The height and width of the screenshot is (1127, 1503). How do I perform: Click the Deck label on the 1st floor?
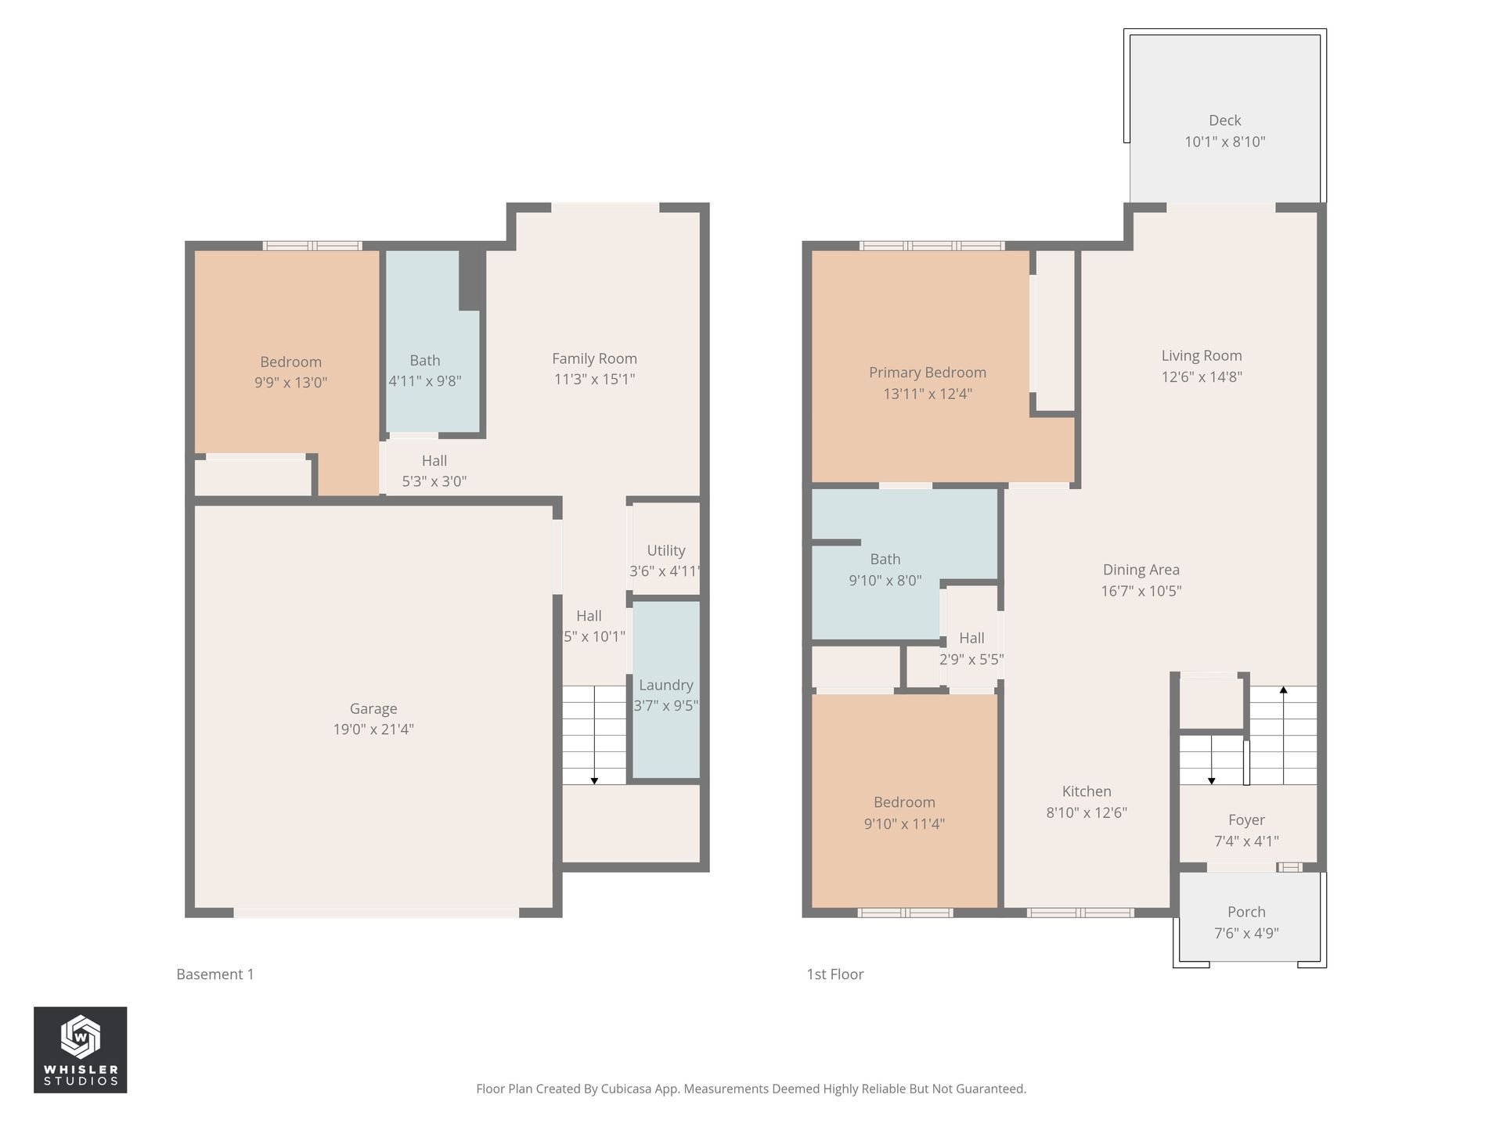pyautogui.click(x=1224, y=121)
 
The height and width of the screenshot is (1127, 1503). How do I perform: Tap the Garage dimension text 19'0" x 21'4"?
pyautogui.click(x=373, y=729)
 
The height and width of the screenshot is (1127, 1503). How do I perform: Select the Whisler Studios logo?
pyautogui.click(x=80, y=1050)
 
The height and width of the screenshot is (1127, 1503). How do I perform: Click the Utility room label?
pyautogui.click(x=665, y=550)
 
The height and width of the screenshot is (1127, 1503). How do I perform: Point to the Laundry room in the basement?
pyautogui.click(x=665, y=695)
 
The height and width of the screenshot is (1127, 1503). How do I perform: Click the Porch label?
pyautogui.click(x=1246, y=912)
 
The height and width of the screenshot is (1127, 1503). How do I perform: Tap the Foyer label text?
pyautogui.click(x=1246, y=820)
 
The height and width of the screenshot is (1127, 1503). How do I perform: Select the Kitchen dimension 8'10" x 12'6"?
pyautogui.click(x=1087, y=812)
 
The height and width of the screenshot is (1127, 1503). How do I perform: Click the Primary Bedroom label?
pyautogui.click(x=927, y=373)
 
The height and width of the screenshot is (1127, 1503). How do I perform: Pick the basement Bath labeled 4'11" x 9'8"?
pyautogui.click(x=425, y=371)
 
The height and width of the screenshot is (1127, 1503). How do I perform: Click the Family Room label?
pyautogui.click(x=594, y=358)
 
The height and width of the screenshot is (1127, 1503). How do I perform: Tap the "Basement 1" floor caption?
pyautogui.click(x=215, y=974)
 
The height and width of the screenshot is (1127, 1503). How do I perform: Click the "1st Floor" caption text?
pyautogui.click(x=835, y=974)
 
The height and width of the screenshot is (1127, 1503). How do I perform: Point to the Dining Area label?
pyautogui.click(x=1141, y=570)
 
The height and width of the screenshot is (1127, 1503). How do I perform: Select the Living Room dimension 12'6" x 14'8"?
pyautogui.click(x=1202, y=376)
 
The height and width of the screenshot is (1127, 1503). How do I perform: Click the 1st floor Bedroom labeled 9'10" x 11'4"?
pyautogui.click(x=904, y=812)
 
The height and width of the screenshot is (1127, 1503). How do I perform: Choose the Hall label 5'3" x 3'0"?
pyautogui.click(x=434, y=470)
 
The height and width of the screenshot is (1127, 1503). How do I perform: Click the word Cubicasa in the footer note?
pyautogui.click(x=629, y=1089)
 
